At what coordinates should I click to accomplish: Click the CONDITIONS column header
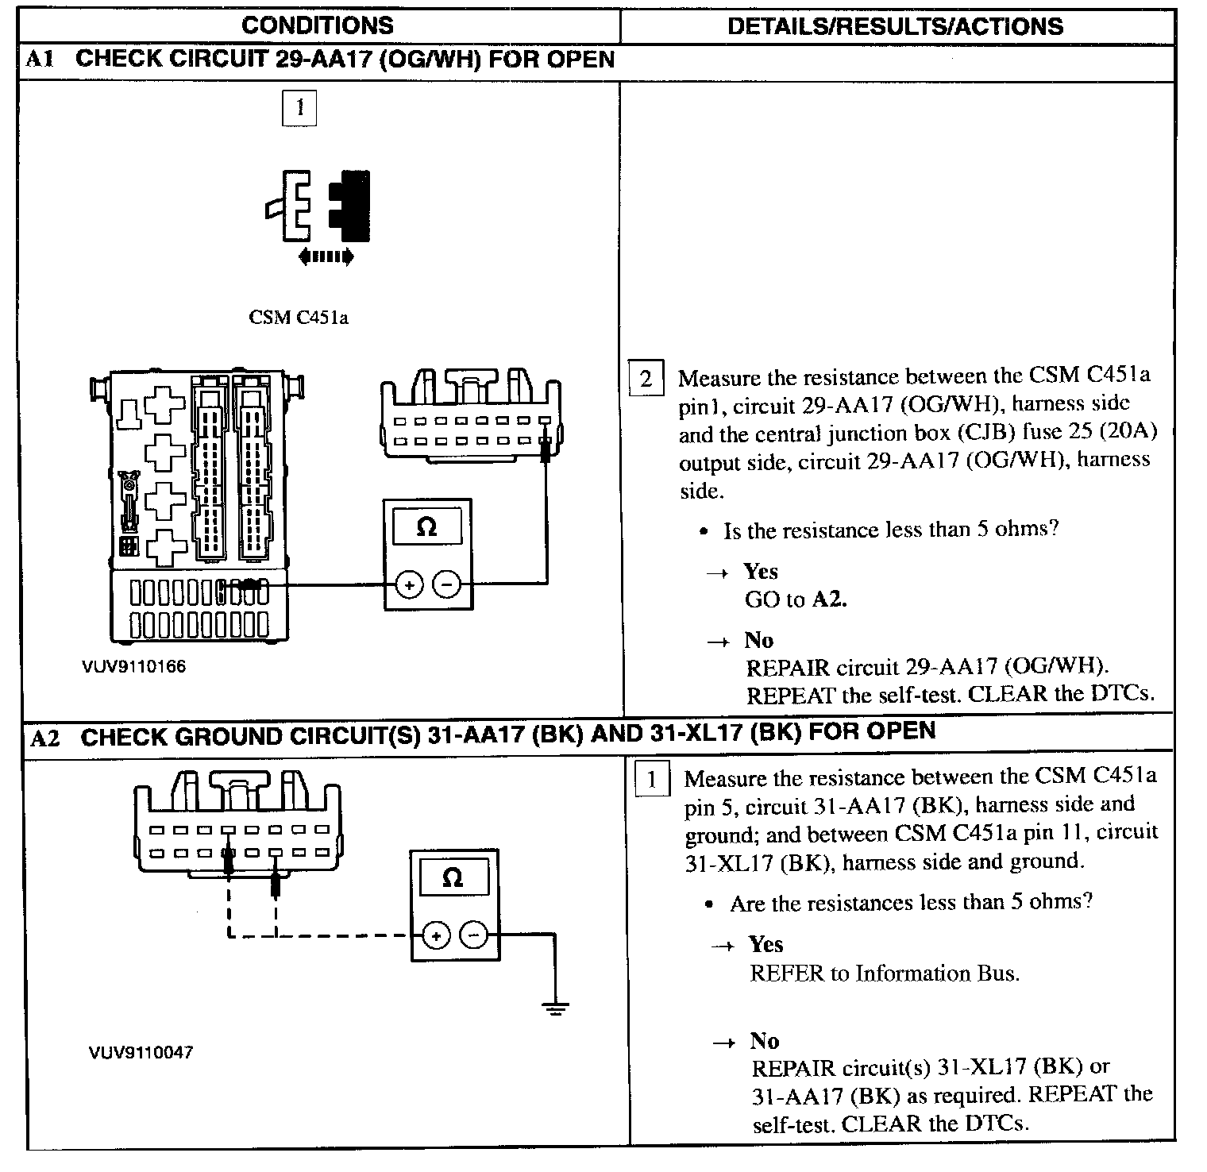coord(317,25)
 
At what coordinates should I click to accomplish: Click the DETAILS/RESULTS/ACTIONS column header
coord(895,26)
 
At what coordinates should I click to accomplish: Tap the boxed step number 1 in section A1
coord(299,108)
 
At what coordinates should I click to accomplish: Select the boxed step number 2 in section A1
coord(646,379)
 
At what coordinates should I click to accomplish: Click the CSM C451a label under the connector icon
coord(299,318)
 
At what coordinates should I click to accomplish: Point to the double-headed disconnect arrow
coord(326,256)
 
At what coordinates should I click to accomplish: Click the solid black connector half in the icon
coord(354,205)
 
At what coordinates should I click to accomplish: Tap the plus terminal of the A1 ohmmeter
coord(409,586)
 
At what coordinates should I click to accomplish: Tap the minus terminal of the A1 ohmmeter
coord(446,586)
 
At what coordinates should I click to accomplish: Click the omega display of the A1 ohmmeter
coord(427,527)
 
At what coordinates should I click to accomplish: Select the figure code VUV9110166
coord(134,666)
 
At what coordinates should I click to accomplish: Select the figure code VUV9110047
coord(141,1053)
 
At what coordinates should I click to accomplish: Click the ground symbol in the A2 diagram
coord(555,1008)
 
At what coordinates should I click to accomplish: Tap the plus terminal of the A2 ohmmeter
coord(436,936)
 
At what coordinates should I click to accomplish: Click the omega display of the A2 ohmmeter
coord(453,877)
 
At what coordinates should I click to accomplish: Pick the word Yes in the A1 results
coord(761,572)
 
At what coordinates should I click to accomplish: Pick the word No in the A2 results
coord(765,1041)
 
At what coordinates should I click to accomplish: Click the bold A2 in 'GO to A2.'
coord(830,599)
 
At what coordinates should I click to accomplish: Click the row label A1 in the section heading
coord(40,60)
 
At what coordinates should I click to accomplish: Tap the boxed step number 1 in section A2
coord(651,779)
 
